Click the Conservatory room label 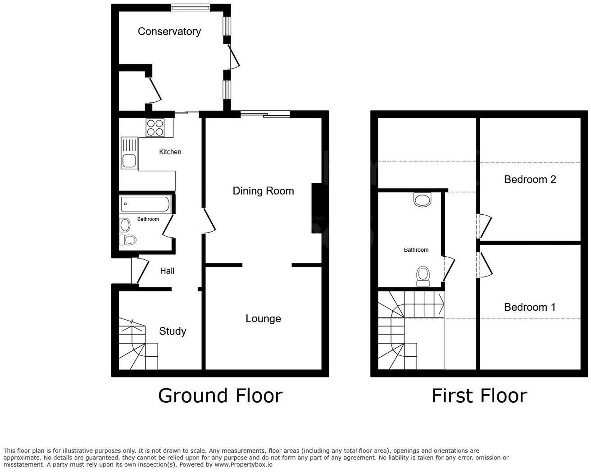coord(169,32)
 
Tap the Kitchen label coord(170,152)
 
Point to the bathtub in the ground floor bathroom coord(145,204)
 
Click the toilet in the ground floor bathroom coord(128,240)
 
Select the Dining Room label coord(263,191)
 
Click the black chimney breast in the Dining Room coord(317,209)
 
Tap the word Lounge coord(263,319)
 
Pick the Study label coord(173,331)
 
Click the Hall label coord(167,271)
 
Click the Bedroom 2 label coord(530,180)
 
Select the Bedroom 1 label coord(530,308)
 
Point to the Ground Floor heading coord(220,396)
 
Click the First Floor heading coord(479,396)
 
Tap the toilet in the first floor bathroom coord(423,276)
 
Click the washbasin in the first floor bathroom coord(423,199)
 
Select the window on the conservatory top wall coord(191,7)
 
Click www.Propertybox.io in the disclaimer coord(243,464)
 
